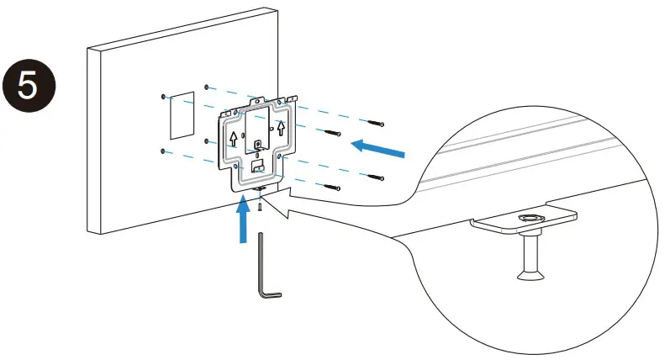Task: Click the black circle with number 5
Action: pyautogui.click(x=28, y=88)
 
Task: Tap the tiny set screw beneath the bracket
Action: pyautogui.click(x=261, y=205)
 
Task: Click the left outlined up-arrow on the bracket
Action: pyautogui.click(x=233, y=139)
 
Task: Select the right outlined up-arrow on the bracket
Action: pyautogui.click(x=282, y=127)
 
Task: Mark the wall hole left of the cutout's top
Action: pyautogui.click(x=163, y=98)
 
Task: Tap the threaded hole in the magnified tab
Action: pyautogui.click(x=530, y=220)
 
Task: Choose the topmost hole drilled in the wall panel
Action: pyautogui.click(x=206, y=86)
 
